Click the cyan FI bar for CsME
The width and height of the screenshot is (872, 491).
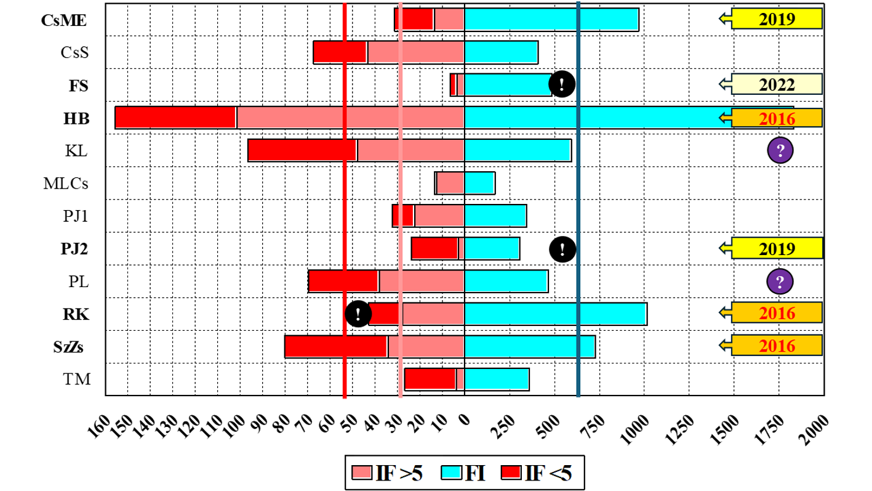coord(551,20)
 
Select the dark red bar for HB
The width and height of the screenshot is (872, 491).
coord(175,118)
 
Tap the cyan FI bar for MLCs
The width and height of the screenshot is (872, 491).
coord(479,183)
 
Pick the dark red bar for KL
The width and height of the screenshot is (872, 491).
coord(302,150)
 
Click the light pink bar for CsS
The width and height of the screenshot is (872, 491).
coord(415,52)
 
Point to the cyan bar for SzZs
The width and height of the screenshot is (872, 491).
coord(529,346)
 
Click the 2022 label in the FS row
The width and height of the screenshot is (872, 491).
coord(777,85)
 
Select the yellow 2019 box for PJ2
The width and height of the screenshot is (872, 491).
coord(777,248)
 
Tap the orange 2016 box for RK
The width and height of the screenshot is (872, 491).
coord(777,313)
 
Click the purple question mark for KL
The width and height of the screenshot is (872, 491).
coord(780,150)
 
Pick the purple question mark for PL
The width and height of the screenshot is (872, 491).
coord(779,282)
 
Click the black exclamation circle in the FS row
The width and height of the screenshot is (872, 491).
coord(561,84)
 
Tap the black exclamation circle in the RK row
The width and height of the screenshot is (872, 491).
coord(358,314)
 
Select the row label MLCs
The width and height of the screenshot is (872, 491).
coord(66,183)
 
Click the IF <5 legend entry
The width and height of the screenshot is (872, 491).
coord(536,473)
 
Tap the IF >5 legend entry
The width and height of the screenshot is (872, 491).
coord(387,473)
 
